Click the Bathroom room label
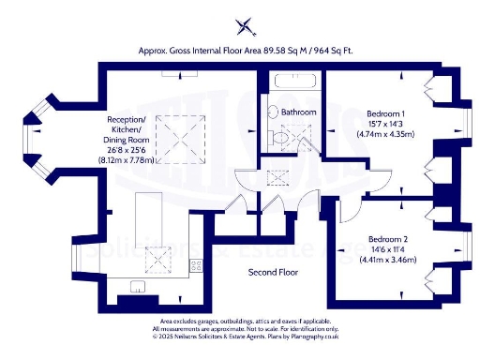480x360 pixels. tap(299, 112)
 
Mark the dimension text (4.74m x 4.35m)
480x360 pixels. tap(387, 135)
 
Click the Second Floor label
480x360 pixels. tap(273, 273)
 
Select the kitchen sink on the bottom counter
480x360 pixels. tap(137, 286)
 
